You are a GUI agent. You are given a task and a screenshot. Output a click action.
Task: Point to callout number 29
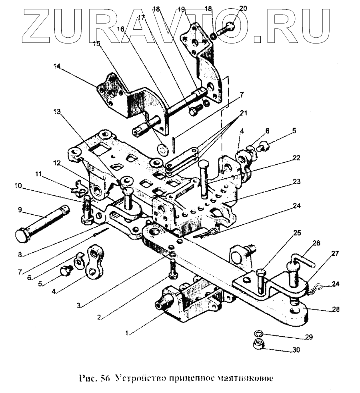click(308, 337)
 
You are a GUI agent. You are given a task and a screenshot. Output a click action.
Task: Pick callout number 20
click(243, 8)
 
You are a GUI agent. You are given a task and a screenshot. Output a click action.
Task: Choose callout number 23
click(296, 182)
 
